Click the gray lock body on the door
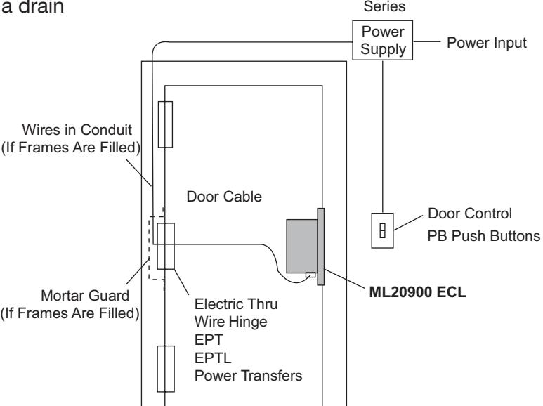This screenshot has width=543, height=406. (x=301, y=245)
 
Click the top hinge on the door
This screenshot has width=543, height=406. (x=165, y=124)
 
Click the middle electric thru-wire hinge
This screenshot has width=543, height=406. (x=165, y=247)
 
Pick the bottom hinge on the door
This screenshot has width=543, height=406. (x=165, y=367)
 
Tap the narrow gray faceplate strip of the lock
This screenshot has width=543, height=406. (x=320, y=246)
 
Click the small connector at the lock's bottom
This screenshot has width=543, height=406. (x=310, y=274)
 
